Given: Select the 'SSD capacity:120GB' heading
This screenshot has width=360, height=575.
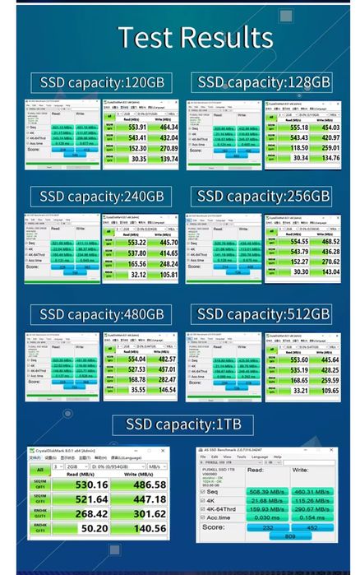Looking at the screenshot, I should pos(102,82).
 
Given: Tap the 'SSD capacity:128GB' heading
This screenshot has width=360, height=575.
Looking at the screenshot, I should pos(264,82).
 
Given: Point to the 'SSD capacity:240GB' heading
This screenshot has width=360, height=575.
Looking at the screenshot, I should pos(102,197).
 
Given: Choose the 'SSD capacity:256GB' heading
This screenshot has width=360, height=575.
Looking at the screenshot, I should pos(264,197).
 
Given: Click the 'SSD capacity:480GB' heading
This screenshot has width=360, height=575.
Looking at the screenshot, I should pos(102,314).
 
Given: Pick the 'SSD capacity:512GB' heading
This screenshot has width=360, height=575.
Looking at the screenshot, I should pos(264,314).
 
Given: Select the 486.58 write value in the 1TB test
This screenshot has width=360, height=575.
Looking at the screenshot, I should pos(144,485).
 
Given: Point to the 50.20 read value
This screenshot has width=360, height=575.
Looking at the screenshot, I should pos(90,529).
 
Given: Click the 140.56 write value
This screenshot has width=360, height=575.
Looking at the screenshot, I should pos(144,529).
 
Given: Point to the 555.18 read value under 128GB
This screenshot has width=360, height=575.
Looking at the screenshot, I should pos(299,128).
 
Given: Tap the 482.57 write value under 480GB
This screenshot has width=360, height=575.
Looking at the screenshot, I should pos(166,359).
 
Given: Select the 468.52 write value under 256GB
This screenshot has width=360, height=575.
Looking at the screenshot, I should pos(329,240).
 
